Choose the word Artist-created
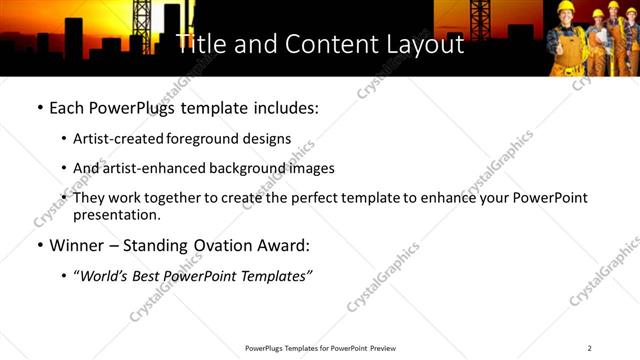click(116, 138)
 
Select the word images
click(311, 168)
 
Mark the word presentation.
click(116, 215)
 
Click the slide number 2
click(589, 348)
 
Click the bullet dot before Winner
click(39, 246)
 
